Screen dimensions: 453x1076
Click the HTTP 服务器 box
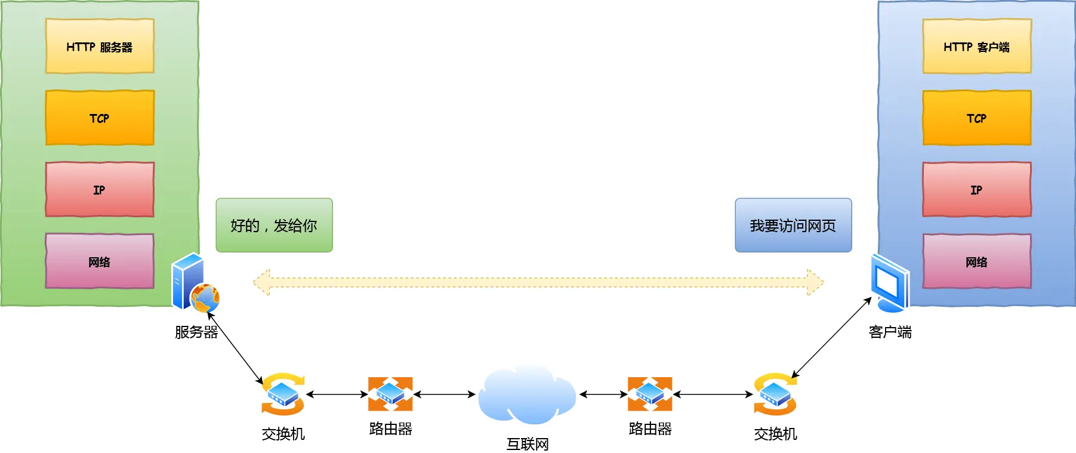[x=100, y=47]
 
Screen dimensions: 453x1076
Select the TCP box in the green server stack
[x=100, y=118]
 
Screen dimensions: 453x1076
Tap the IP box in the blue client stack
[x=976, y=189]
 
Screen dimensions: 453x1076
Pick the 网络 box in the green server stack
[x=100, y=261]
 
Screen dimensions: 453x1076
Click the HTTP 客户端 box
[x=976, y=47]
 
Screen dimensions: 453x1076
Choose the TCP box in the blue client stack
[x=976, y=118]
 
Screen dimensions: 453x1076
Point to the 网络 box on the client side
[x=976, y=261]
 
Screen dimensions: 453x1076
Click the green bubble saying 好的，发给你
[x=274, y=225]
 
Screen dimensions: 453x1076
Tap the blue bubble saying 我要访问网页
[x=793, y=225]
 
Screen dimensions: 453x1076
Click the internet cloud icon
[x=526, y=395]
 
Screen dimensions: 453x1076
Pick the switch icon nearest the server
[x=283, y=395]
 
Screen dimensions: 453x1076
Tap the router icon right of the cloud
[x=649, y=394]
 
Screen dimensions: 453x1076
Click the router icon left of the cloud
[x=390, y=394]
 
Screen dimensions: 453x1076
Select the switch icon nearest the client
[x=775, y=395]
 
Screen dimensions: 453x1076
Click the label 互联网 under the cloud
[x=527, y=444]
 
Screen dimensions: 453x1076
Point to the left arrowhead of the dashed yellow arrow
[x=261, y=282]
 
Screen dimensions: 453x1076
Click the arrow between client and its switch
[x=831, y=338]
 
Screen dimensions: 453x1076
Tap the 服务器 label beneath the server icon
[x=196, y=332]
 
